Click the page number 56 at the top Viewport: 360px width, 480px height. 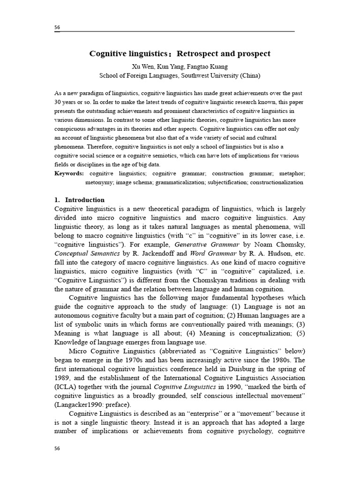(x=57, y=28)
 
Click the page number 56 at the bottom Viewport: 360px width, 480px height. (x=57, y=448)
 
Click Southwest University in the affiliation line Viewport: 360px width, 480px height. (x=212, y=75)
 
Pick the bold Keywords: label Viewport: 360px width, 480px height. (x=69, y=173)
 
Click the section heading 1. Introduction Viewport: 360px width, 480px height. (x=80, y=200)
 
